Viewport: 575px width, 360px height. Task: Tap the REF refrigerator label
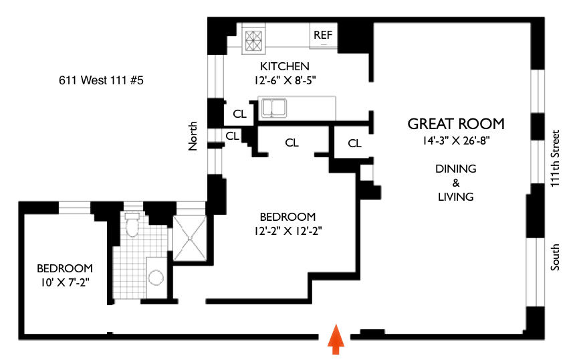(x=323, y=35)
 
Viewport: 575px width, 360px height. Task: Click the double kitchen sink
(x=274, y=107)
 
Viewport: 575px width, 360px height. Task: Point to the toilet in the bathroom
(x=132, y=228)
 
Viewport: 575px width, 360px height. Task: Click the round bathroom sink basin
(x=156, y=278)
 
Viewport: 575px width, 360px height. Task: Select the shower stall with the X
(x=190, y=236)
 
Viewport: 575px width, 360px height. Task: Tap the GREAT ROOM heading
(x=456, y=124)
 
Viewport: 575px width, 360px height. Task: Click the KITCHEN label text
(x=285, y=66)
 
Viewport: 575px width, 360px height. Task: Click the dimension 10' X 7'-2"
(x=64, y=282)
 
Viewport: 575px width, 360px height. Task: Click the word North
(x=193, y=135)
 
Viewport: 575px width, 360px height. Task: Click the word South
(x=555, y=256)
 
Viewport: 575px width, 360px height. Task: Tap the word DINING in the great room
(x=455, y=169)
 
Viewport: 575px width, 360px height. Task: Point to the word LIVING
(x=455, y=197)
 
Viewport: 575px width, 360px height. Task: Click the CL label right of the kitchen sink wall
(x=354, y=143)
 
